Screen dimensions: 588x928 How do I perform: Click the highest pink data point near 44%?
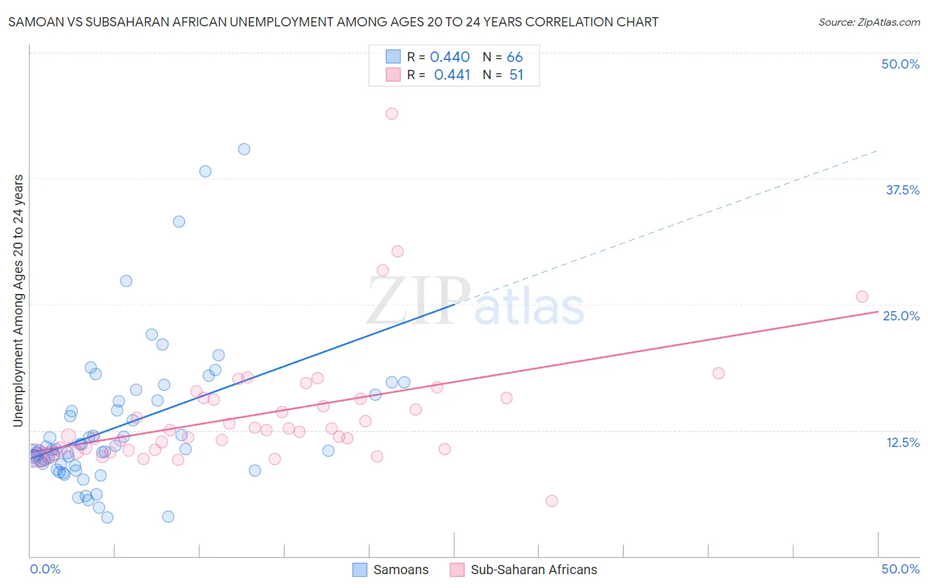pyautogui.click(x=391, y=113)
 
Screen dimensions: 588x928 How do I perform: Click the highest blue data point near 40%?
pyautogui.click(x=244, y=149)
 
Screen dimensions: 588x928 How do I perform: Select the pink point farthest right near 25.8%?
pyautogui.click(x=862, y=297)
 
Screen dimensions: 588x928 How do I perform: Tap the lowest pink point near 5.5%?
pyautogui.click(x=552, y=501)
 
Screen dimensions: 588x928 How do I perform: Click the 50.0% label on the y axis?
pyautogui.click(x=900, y=64)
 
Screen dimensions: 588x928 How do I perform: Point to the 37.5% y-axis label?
pyautogui.click(x=902, y=190)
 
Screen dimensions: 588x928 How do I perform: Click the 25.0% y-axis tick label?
pyautogui.click(x=901, y=316)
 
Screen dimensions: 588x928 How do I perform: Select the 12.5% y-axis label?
pyautogui.click(x=902, y=442)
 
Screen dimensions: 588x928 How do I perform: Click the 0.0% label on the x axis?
pyautogui.click(x=45, y=569)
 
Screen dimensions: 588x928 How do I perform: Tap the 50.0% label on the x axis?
pyautogui.click(x=900, y=569)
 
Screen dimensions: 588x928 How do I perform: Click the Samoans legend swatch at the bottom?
pyautogui.click(x=360, y=570)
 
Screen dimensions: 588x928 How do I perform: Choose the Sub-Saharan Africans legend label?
pyautogui.click(x=533, y=570)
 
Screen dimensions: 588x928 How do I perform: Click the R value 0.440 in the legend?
pyautogui.click(x=449, y=57)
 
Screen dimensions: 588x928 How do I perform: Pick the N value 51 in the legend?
pyautogui.click(x=516, y=75)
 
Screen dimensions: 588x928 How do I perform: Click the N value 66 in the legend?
pyautogui.click(x=515, y=57)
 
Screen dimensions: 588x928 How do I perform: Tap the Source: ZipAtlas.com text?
pyautogui.click(x=869, y=22)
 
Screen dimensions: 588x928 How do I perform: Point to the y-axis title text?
pyautogui.click(x=18, y=301)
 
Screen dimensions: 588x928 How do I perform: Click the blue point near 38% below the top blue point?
pyautogui.click(x=205, y=171)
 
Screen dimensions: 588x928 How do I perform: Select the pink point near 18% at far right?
pyautogui.click(x=719, y=373)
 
